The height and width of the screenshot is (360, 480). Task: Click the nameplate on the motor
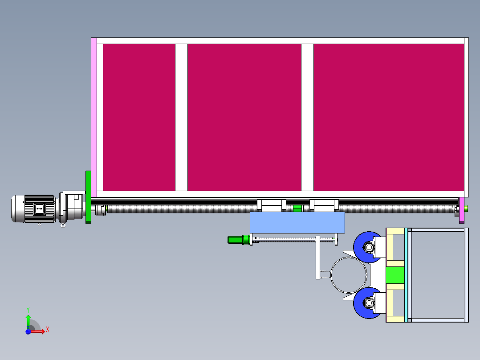pos(39,208)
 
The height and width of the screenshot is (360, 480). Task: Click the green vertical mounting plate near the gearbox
pos(88,197)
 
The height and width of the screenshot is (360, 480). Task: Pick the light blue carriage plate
pos(297,223)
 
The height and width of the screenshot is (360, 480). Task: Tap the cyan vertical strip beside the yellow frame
pos(406,275)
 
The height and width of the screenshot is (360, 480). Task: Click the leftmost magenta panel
pos(138,117)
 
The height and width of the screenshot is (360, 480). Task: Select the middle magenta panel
pos(244,117)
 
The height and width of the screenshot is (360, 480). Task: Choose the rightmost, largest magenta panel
pos(388,117)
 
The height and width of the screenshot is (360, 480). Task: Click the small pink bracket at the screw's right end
pos(461,209)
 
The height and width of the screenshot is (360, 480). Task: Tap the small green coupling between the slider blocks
pos(297,208)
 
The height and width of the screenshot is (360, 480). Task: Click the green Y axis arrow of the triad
pos(28,319)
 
